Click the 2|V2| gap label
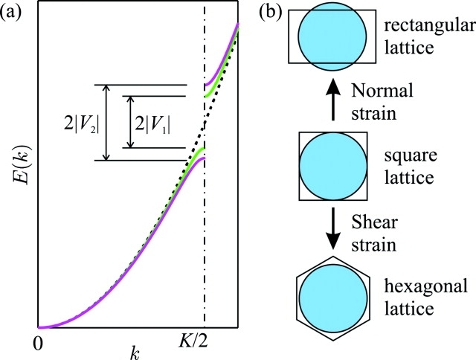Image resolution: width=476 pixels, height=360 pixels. pos(82,122)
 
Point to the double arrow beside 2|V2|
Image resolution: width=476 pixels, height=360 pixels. pos(106,123)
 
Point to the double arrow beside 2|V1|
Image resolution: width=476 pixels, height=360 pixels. pos(129,122)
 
